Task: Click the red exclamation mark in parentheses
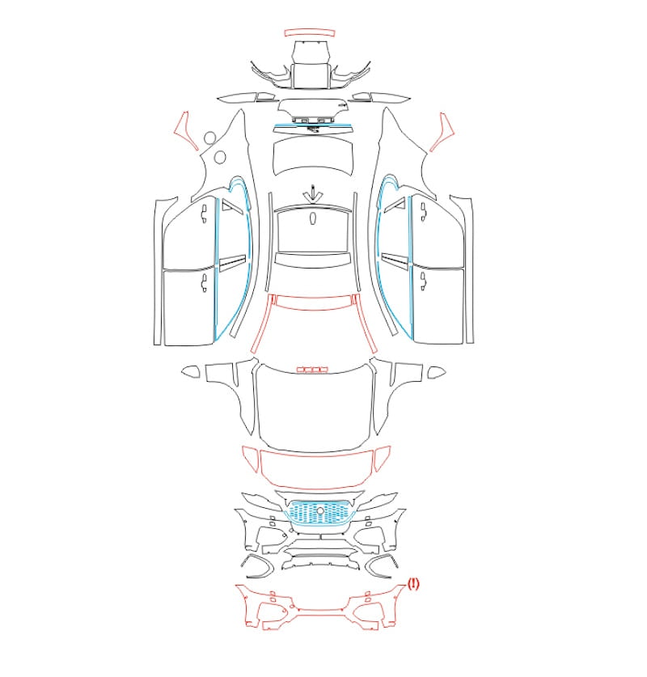[413, 584]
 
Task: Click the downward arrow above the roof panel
[311, 193]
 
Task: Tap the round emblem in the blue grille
[320, 510]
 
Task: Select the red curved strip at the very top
[310, 33]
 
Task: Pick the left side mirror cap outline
[190, 371]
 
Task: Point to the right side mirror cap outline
[437, 372]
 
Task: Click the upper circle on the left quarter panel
[210, 138]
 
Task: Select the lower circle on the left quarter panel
[220, 157]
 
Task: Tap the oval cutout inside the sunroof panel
[312, 218]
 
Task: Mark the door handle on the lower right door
[423, 281]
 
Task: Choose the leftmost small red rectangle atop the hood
[301, 370]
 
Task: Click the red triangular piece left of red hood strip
[252, 459]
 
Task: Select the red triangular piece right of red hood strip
[382, 459]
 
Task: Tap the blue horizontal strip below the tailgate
[312, 126]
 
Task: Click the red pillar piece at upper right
[442, 132]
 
